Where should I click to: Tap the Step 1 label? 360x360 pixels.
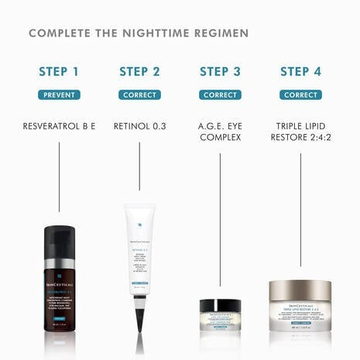tap(59, 72)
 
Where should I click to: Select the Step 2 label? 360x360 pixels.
tap(139, 72)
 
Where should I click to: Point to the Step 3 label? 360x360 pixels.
tap(220, 72)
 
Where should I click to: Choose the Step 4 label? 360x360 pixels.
tap(300, 72)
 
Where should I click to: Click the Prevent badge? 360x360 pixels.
tap(59, 95)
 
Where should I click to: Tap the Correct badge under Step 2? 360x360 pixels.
tap(139, 95)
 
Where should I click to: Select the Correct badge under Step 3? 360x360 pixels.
tap(220, 95)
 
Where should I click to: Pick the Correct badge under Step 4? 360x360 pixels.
tap(300, 95)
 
